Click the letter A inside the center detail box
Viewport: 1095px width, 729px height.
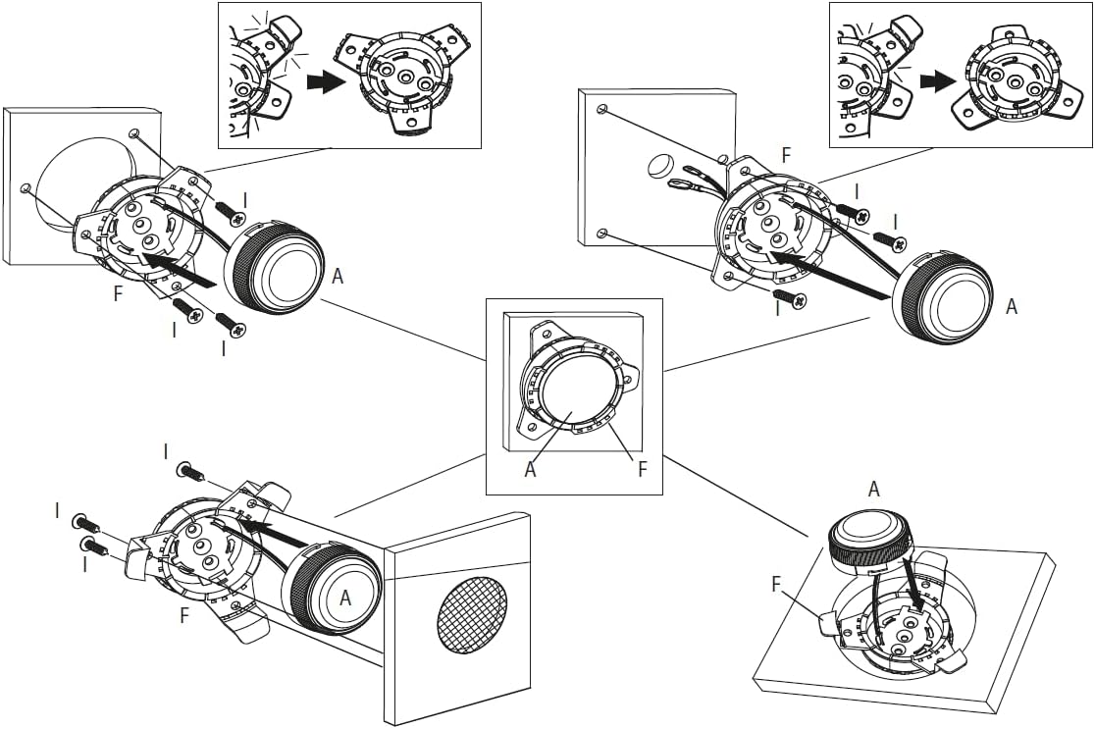coord(531,469)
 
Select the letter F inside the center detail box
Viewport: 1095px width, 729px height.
coord(643,469)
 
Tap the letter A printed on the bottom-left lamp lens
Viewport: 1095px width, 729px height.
coord(345,597)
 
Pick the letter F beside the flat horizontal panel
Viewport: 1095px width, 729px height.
coord(776,586)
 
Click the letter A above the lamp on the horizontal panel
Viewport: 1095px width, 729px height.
coord(873,488)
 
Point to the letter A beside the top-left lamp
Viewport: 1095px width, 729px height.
coord(338,277)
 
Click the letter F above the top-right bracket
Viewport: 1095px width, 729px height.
coord(784,155)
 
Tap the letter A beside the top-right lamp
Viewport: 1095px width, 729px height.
coord(1012,306)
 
